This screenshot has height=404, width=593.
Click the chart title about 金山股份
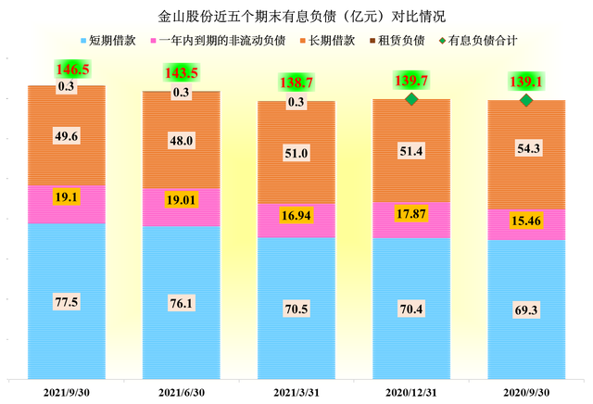(296, 17)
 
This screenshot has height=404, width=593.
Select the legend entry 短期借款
(116, 41)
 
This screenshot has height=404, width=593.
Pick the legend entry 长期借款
(331, 41)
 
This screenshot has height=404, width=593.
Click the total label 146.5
(67, 69)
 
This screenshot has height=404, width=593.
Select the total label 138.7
(296, 83)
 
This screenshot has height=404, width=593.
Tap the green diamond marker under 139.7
(411, 99)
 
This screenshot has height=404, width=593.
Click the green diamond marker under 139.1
(525, 99)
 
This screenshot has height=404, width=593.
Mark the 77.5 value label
(67, 301)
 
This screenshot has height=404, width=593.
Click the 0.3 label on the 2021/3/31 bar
(296, 102)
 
